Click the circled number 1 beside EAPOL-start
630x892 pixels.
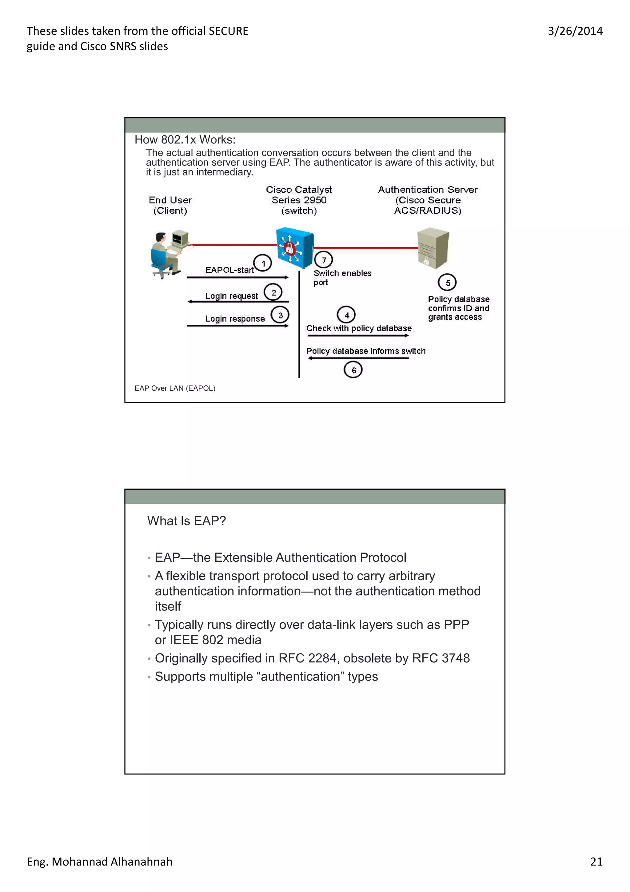[263, 263]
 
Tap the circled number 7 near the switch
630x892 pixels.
[324, 260]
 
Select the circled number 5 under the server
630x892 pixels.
[447, 283]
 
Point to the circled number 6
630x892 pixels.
[353, 370]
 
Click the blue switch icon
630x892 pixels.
[294, 248]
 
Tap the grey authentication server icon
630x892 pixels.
[433, 248]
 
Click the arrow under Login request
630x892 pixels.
[238, 301]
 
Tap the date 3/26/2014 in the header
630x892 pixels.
[575, 31]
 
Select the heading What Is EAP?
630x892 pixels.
[186, 520]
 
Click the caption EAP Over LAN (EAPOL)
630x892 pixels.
[175, 388]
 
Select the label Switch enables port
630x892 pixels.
[341, 277]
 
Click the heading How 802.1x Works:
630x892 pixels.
[185, 140]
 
